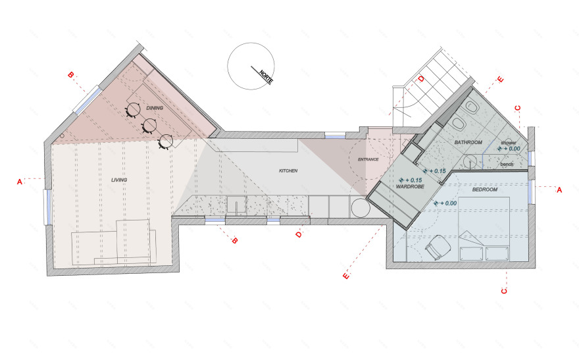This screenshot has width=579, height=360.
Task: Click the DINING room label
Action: click(x=155, y=108)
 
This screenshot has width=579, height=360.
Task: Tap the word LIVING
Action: click(x=119, y=180)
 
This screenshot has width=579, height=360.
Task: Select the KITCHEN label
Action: click(x=288, y=171)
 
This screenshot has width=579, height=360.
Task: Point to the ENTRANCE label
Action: click(x=368, y=159)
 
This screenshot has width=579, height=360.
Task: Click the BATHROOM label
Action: click(x=468, y=142)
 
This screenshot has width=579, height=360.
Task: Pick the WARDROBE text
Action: click(x=410, y=187)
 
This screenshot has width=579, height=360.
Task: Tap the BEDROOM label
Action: click(x=485, y=190)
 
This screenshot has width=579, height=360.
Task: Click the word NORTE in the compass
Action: click(x=266, y=77)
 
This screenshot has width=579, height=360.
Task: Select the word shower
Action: click(x=509, y=143)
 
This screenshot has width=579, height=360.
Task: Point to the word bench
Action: click(x=507, y=164)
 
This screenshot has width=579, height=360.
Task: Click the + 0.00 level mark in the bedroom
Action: click(x=445, y=203)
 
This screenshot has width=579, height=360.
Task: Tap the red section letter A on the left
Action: click(x=20, y=182)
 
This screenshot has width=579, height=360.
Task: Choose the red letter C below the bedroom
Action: click(x=504, y=291)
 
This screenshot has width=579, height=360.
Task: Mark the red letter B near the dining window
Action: click(x=70, y=75)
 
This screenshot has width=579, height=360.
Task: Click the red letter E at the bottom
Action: click(x=346, y=276)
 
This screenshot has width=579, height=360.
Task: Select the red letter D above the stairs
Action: click(x=421, y=79)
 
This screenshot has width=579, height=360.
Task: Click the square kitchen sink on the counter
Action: click(x=236, y=205)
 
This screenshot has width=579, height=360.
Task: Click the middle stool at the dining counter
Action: click(x=149, y=126)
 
